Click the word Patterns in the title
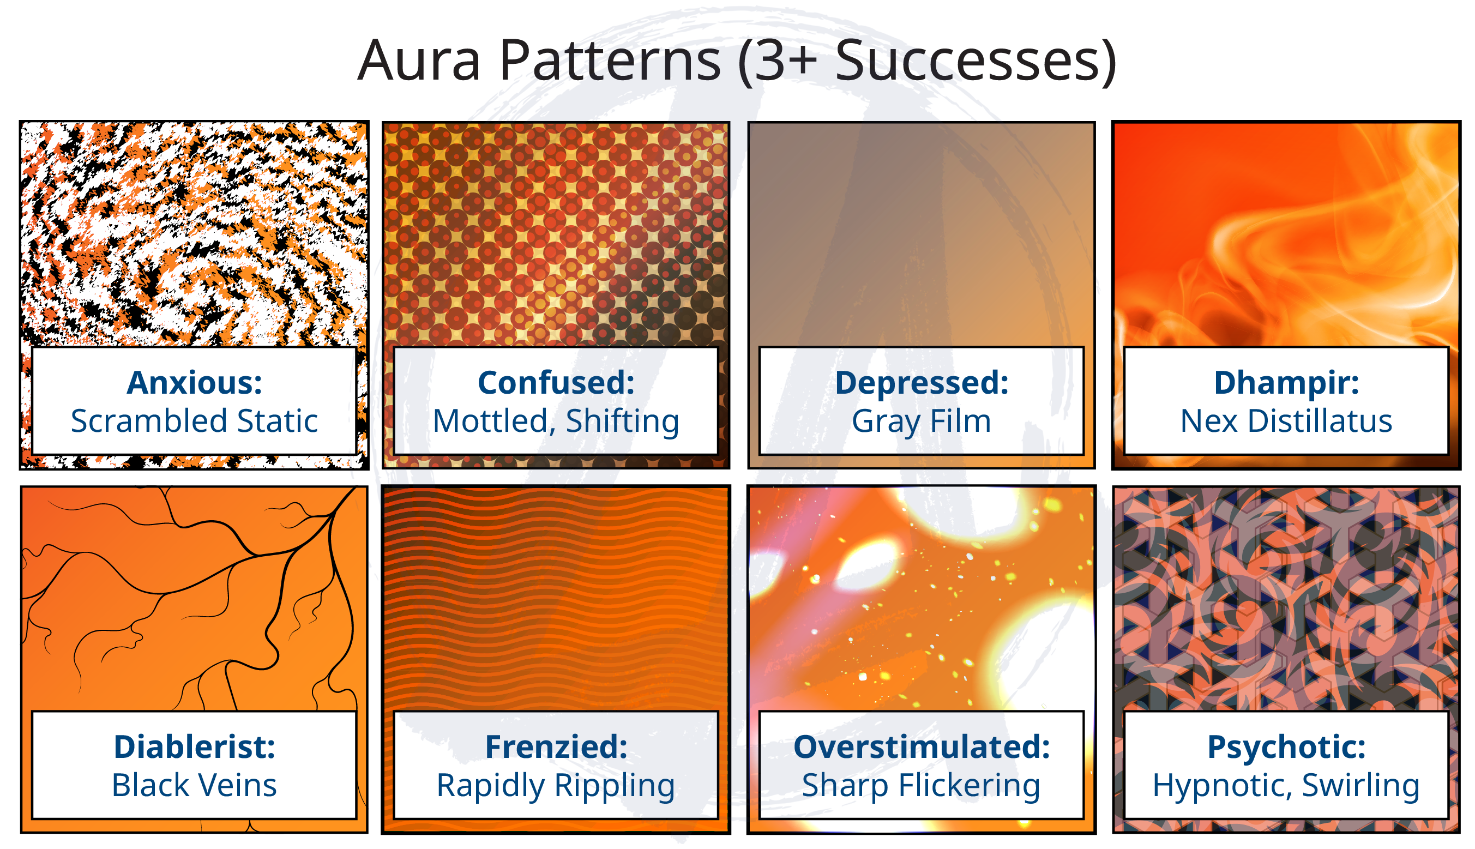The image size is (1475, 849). (x=610, y=61)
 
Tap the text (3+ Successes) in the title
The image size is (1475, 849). (x=927, y=61)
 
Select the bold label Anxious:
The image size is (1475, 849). (x=194, y=383)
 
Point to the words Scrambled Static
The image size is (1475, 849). (x=194, y=421)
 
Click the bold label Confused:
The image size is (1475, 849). (x=556, y=383)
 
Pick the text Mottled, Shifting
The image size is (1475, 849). (x=556, y=422)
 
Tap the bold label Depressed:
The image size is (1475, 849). (x=921, y=383)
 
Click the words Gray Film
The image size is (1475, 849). (x=921, y=422)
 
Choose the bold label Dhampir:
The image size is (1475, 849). (x=1286, y=383)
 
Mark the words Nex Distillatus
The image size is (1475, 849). (x=1286, y=421)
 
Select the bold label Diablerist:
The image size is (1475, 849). (x=194, y=747)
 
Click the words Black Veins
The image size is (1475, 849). (x=194, y=785)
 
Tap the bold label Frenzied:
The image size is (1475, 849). (x=556, y=747)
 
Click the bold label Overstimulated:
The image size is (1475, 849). (x=921, y=747)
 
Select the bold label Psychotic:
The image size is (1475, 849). (x=1286, y=747)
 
